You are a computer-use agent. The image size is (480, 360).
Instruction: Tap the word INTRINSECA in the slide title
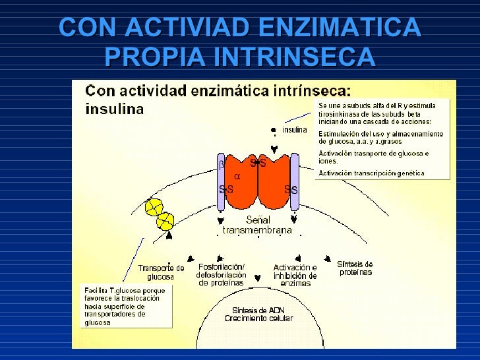(x=293, y=58)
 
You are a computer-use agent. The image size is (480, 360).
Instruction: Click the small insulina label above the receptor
(x=295, y=130)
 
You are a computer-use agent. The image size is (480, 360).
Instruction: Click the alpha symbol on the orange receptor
(x=237, y=177)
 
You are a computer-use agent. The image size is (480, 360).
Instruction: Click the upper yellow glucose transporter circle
(x=153, y=207)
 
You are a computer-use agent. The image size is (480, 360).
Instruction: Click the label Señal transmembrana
(x=257, y=225)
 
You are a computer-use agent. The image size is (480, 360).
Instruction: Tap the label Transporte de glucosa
(x=161, y=272)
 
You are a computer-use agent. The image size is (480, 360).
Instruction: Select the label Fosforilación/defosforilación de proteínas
(x=222, y=275)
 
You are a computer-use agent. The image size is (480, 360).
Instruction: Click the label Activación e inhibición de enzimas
(x=295, y=275)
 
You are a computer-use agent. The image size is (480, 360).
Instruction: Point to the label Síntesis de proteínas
(x=355, y=268)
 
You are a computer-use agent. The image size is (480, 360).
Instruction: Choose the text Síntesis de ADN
(x=258, y=311)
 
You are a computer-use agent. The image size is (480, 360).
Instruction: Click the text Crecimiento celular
(x=258, y=318)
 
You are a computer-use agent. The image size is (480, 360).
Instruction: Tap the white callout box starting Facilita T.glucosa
(x=125, y=305)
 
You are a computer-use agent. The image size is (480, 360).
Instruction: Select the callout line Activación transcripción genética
(x=372, y=173)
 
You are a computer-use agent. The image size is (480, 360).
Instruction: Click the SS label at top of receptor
(x=258, y=163)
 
